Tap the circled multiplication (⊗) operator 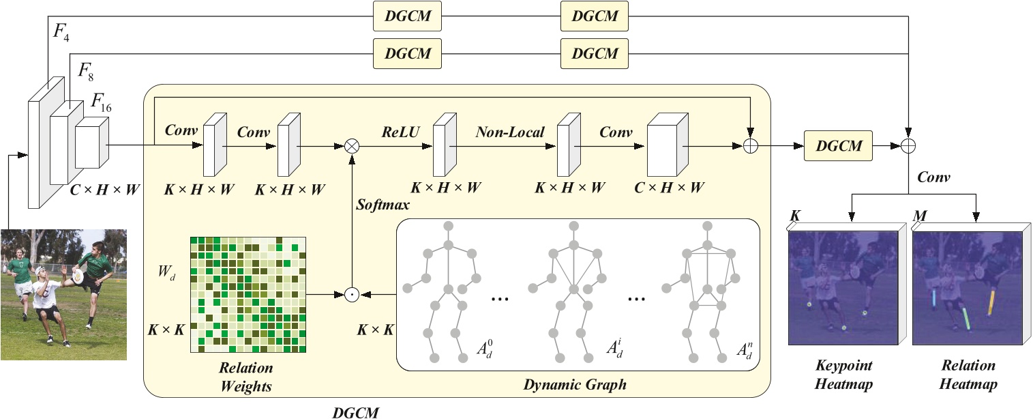click(x=353, y=145)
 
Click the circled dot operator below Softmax click(x=351, y=295)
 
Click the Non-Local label click(x=510, y=132)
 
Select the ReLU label click(x=396, y=132)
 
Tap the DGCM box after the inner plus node click(x=838, y=145)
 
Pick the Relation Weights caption click(x=246, y=377)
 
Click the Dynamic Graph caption click(x=575, y=385)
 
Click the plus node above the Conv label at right click(x=908, y=145)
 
